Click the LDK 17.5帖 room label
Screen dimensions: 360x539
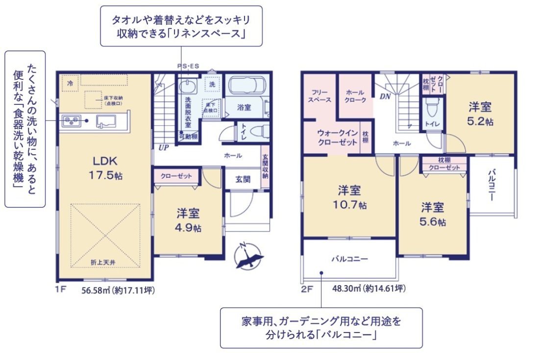pyautogui.click(x=105, y=168)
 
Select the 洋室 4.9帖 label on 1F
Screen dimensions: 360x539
pyautogui.click(x=188, y=220)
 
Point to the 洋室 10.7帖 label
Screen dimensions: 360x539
pyautogui.click(x=349, y=196)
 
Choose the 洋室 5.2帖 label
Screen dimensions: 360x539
pyautogui.click(x=480, y=113)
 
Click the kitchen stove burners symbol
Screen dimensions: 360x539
pyautogui.click(x=71, y=120)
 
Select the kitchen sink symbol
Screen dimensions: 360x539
pyautogui.click(x=106, y=120)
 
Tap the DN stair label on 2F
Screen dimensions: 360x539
pyautogui.click(x=385, y=96)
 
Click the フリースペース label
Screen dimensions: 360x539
pyautogui.click(x=320, y=96)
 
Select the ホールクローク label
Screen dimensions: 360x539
pyautogui.click(x=355, y=96)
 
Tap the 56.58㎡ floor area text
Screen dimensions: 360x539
pyautogui.click(x=118, y=290)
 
